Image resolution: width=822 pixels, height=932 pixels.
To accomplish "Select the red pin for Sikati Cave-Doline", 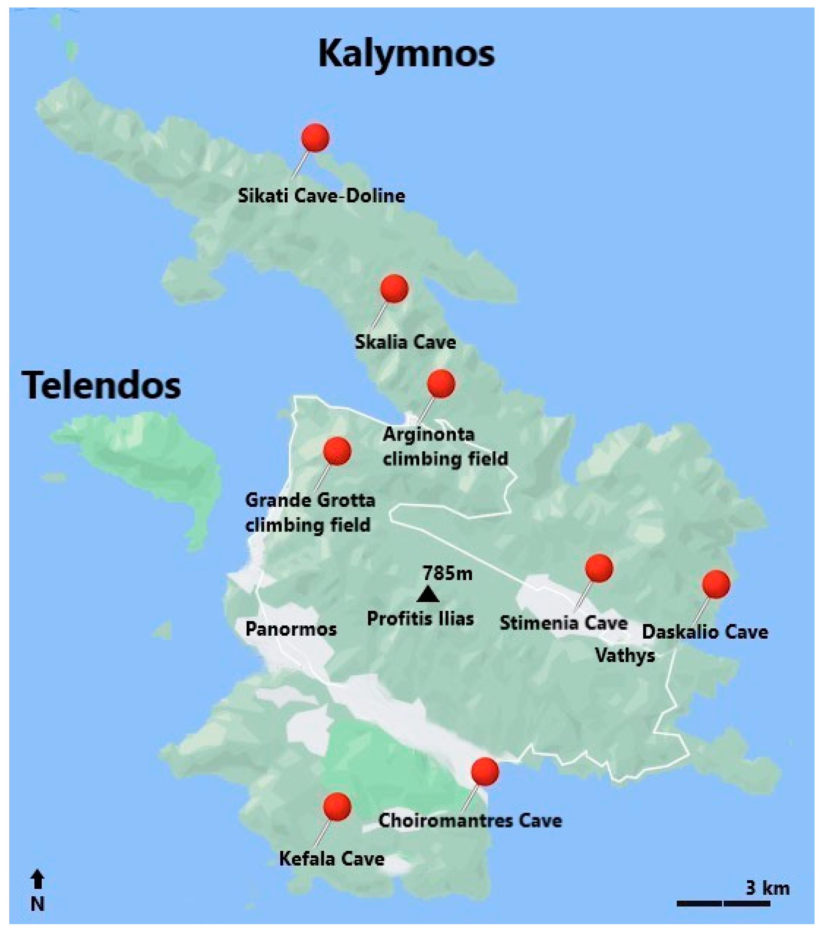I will click(x=315, y=137).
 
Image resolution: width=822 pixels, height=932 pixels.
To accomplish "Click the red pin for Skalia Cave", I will click(x=394, y=288).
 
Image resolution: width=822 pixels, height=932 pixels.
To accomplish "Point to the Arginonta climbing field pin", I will click(x=440, y=383).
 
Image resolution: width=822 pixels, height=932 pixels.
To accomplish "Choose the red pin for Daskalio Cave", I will click(x=716, y=584).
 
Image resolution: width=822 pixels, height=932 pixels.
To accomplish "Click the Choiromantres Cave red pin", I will click(x=484, y=772).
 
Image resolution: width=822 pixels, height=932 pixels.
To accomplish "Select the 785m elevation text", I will click(x=447, y=573).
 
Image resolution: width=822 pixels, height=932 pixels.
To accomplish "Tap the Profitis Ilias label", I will click(x=420, y=619).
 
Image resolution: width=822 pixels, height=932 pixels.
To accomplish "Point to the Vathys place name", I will click(x=625, y=656).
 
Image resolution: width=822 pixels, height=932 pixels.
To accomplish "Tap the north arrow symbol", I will click(x=38, y=880).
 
